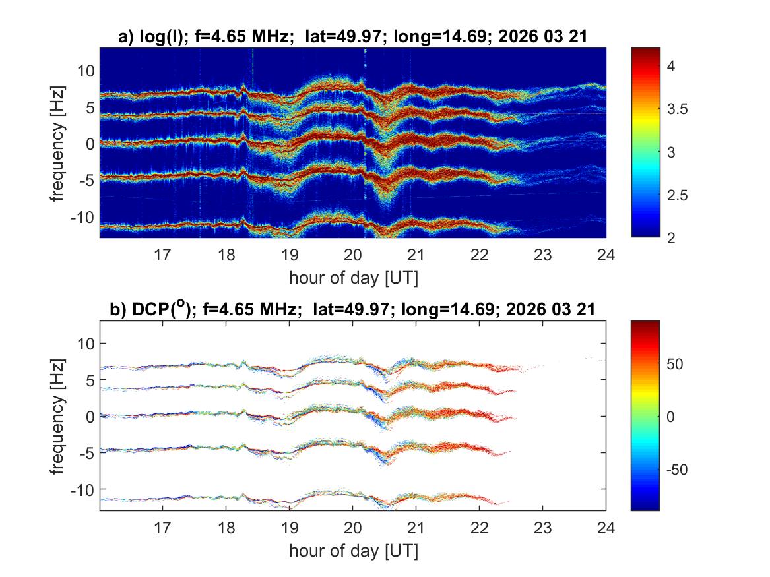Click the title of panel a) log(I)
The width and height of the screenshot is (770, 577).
[352, 38]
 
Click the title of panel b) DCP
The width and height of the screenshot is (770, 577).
[352, 309]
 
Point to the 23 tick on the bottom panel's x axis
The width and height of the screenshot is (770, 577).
[542, 527]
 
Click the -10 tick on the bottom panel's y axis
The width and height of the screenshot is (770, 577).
[84, 489]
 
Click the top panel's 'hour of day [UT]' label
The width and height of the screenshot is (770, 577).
[352, 277]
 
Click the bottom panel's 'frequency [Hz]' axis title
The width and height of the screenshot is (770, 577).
[58, 415]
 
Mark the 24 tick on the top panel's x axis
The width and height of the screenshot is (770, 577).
[606, 254]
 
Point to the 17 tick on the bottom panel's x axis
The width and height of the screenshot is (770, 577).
[162, 527]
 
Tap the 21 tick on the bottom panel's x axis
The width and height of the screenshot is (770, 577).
[416, 527]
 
